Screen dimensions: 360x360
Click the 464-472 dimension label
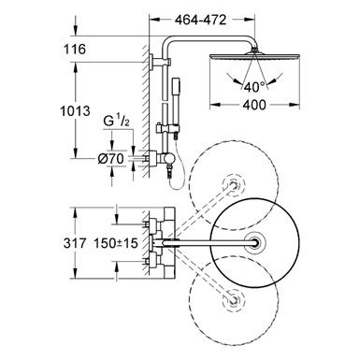[200, 20]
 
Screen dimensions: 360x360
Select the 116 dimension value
[75, 49]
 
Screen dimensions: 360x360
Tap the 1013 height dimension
[75, 111]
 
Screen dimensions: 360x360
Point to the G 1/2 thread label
[116, 122]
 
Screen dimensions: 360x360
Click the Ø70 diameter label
[110, 159]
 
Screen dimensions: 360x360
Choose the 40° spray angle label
[254, 87]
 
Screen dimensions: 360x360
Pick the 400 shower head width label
[254, 105]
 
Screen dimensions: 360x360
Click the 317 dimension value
[75, 243]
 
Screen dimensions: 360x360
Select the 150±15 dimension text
[116, 243]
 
